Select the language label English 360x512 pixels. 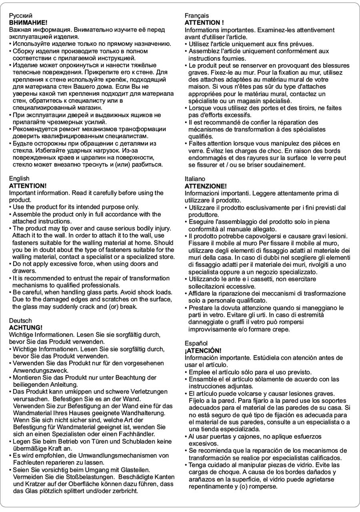(19, 178)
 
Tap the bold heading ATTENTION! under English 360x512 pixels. (28, 186)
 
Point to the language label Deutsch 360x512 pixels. (20, 320)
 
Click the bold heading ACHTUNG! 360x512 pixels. (26, 327)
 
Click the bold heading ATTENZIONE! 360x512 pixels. (206, 186)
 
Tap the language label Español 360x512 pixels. (196, 343)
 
